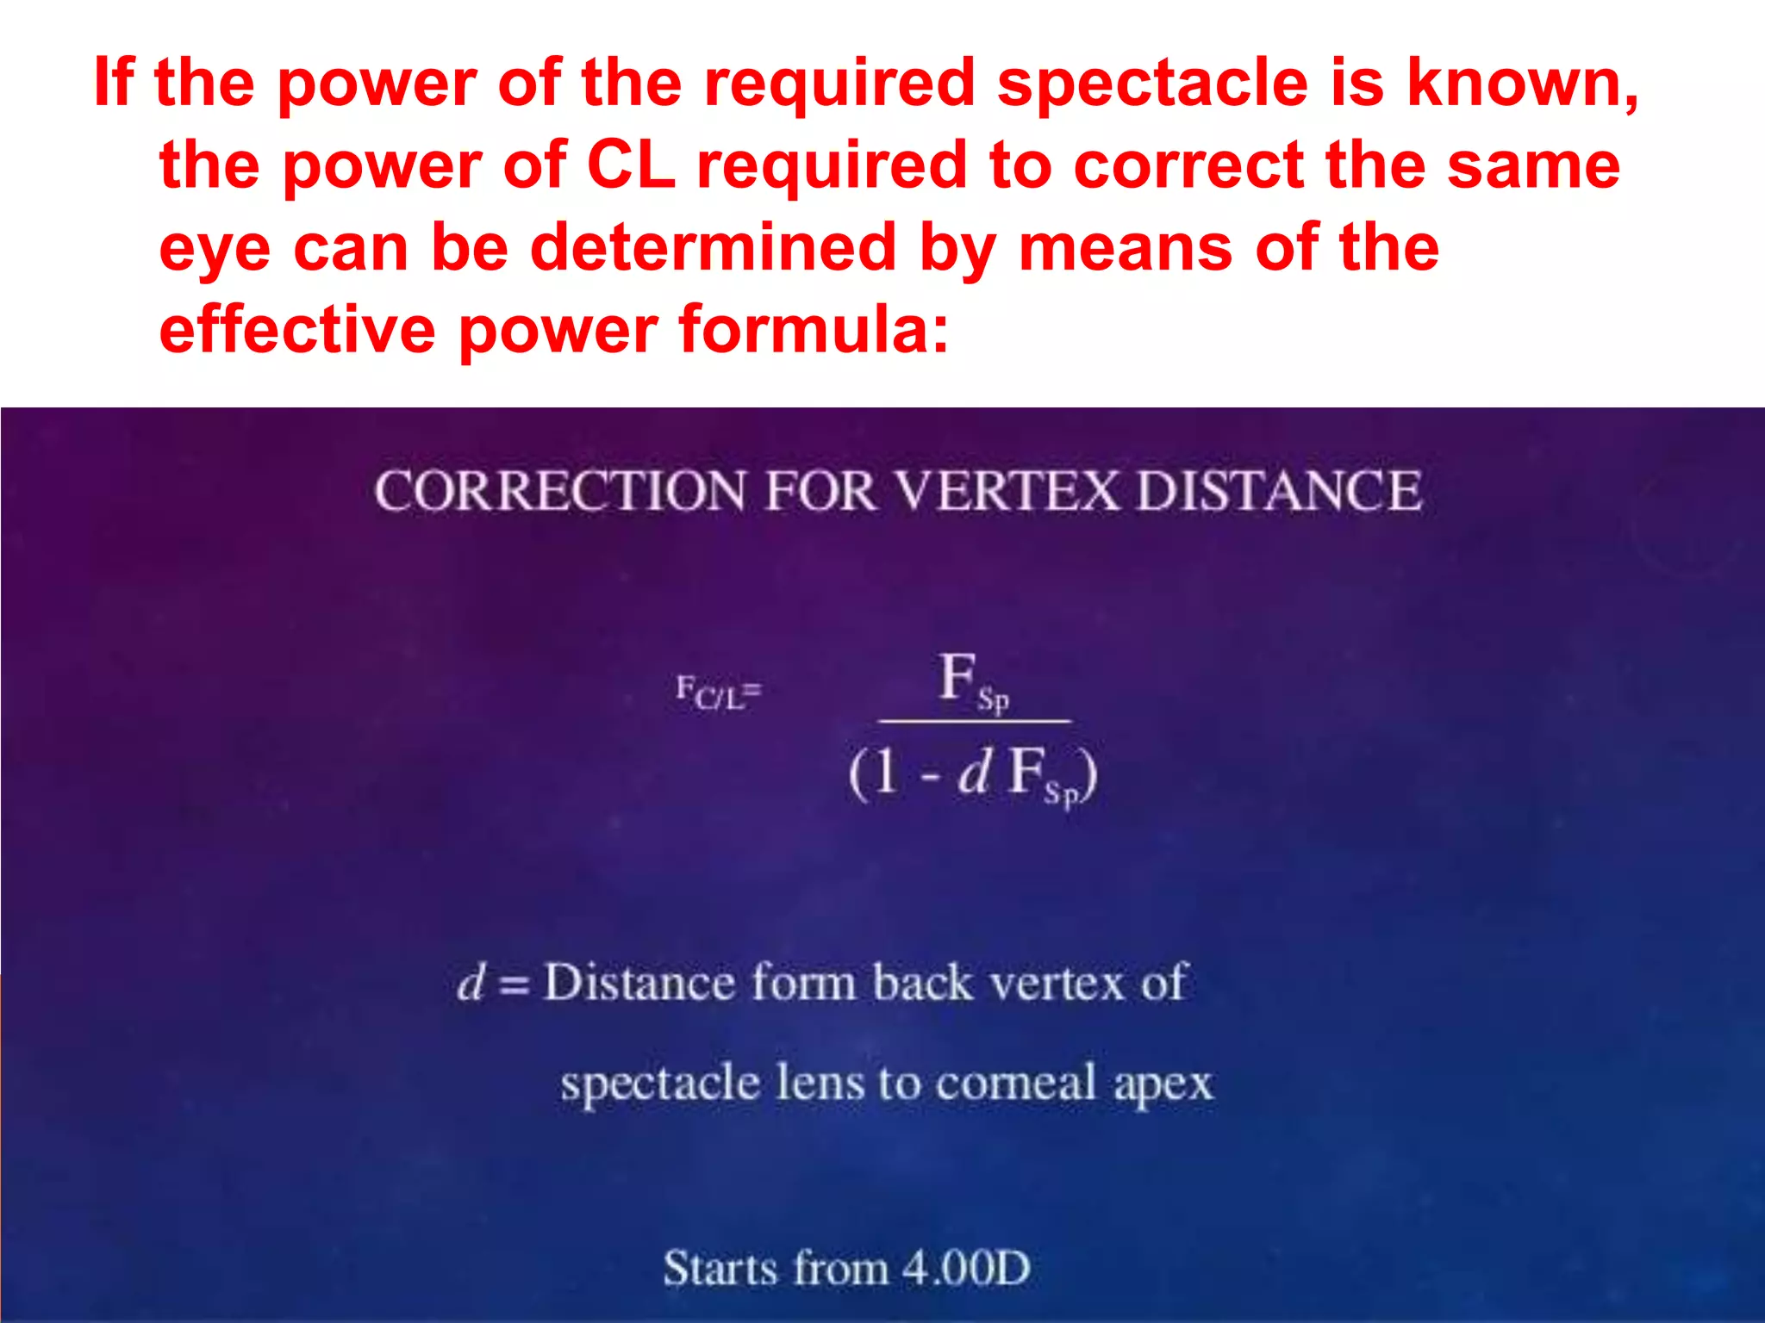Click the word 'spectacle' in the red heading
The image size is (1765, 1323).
click(1153, 84)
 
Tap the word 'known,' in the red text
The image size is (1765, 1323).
click(1523, 84)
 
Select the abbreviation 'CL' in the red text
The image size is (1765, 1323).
click(630, 165)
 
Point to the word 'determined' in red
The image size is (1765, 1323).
click(714, 248)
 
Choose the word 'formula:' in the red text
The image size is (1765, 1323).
click(814, 330)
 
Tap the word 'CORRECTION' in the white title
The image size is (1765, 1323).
click(560, 492)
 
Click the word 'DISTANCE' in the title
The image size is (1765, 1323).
click(1279, 492)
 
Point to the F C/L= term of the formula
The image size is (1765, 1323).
click(718, 693)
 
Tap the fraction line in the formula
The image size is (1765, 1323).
click(974, 720)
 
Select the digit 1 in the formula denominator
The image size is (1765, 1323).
click(887, 773)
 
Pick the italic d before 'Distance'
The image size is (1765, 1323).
click(471, 983)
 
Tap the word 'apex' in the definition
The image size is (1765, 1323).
click(1163, 1084)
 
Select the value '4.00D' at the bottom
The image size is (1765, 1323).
click(965, 1269)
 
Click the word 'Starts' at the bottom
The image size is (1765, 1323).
click(720, 1269)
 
